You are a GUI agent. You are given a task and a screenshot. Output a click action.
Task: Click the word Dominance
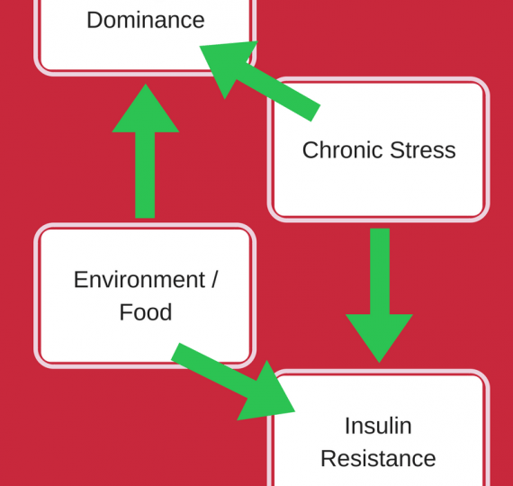pyautogui.click(x=146, y=20)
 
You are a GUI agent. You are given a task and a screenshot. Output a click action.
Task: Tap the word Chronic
pyautogui.click(x=343, y=150)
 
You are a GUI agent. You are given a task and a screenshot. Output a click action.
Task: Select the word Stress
pyautogui.click(x=423, y=150)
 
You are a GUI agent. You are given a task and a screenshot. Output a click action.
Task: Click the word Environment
pyautogui.click(x=139, y=280)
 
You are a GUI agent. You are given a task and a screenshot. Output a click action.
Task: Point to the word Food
pyautogui.click(x=146, y=312)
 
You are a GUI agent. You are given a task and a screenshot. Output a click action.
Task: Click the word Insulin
pyautogui.click(x=378, y=426)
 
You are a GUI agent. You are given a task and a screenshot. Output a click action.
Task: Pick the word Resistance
pyautogui.click(x=378, y=458)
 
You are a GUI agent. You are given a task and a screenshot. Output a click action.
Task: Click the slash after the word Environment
pyautogui.click(x=214, y=280)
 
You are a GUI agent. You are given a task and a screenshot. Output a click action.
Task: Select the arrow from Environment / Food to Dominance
pyautogui.click(x=145, y=151)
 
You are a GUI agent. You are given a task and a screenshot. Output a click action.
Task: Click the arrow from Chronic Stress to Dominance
pyautogui.click(x=260, y=81)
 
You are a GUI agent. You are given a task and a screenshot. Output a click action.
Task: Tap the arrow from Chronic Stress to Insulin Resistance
pyautogui.click(x=380, y=295)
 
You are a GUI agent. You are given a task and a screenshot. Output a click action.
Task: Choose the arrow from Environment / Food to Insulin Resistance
pyautogui.click(x=233, y=382)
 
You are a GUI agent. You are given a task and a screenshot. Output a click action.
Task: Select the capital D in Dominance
pyautogui.click(x=94, y=20)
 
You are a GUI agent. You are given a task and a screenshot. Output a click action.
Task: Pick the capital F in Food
pyautogui.click(x=126, y=312)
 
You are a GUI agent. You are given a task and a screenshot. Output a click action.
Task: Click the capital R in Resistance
pyautogui.click(x=328, y=458)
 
